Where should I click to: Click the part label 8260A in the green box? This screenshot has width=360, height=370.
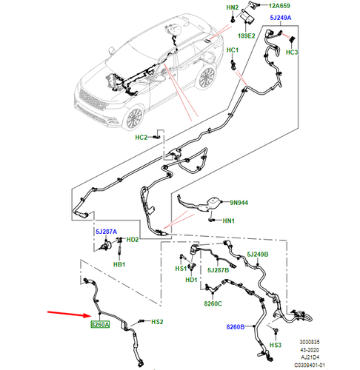tap(100, 324)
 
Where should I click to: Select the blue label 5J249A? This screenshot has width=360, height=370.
tap(281, 18)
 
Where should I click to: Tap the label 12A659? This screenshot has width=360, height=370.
tap(279, 6)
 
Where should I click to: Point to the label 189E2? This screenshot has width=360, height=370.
tap(246, 36)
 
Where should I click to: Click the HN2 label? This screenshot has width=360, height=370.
tap(233, 7)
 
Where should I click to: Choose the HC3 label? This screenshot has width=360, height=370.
tap(292, 53)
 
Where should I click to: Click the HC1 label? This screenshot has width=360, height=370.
tap(233, 50)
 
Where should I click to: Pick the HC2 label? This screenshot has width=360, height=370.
tap(141, 138)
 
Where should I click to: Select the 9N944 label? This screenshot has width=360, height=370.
tap(239, 203)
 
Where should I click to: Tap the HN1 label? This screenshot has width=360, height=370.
tap(228, 221)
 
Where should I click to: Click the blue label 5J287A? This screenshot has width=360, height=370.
tap(106, 232)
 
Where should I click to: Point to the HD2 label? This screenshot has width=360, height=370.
tap(133, 240)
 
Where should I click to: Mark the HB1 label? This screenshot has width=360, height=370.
tap(119, 265)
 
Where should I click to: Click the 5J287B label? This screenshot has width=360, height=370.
tap(218, 270)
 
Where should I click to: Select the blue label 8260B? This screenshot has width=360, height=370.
tap(236, 327)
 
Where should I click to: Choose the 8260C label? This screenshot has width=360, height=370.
tap(213, 303)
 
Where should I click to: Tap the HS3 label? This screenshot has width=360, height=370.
tap(275, 345)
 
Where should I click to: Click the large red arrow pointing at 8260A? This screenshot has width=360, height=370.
tap(70, 314)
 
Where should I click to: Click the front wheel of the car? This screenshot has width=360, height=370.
tap(134, 118)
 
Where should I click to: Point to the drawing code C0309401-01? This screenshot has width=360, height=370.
tap(310, 365)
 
